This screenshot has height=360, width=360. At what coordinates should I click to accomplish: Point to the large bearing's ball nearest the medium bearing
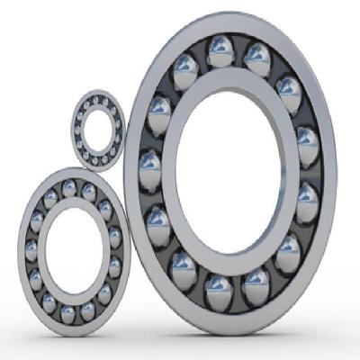pyautogui.click(x=158, y=221)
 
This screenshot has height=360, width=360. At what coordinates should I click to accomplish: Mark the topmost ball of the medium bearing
pyautogui.click(x=68, y=187)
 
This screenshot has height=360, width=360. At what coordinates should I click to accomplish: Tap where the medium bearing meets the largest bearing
pyautogui.click(x=129, y=238)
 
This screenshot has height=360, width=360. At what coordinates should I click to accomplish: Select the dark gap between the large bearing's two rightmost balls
pyautogui.click(x=310, y=171)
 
